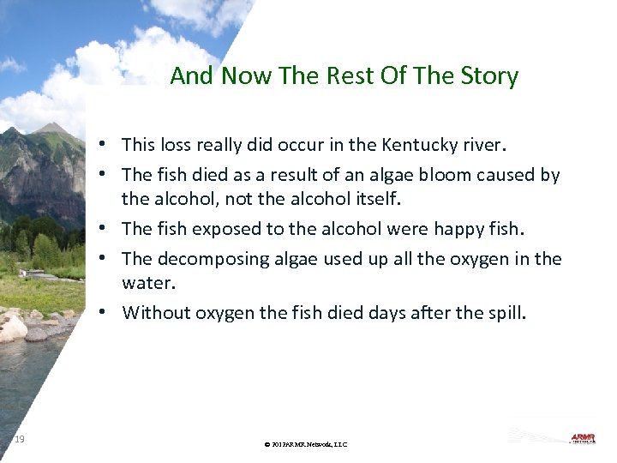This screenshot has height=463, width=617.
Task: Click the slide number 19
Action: [x=19, y=440]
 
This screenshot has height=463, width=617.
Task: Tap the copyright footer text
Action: [x=306, y=444]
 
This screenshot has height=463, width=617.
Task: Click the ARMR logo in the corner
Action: [x=583, y=438]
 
